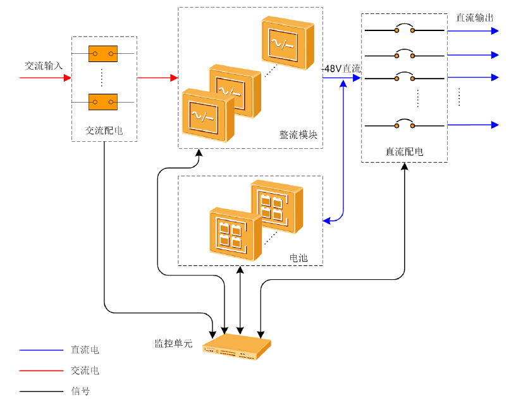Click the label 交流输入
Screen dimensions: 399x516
point(44,65)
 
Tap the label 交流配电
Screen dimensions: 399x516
point(104,131)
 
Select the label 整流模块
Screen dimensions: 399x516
point(298,135)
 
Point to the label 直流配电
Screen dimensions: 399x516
point(404,151)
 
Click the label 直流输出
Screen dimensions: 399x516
point(475,17)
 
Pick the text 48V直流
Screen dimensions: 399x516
point(342,68)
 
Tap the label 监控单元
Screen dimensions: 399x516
point(173,343)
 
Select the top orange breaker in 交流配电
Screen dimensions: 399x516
point(103,54)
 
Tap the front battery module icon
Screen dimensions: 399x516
point(235,234)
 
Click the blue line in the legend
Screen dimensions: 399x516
point(41,350)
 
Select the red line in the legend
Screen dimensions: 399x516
point(41,370)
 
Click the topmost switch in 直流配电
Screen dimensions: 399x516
point(404,29)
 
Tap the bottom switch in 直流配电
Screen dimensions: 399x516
point(404,125)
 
